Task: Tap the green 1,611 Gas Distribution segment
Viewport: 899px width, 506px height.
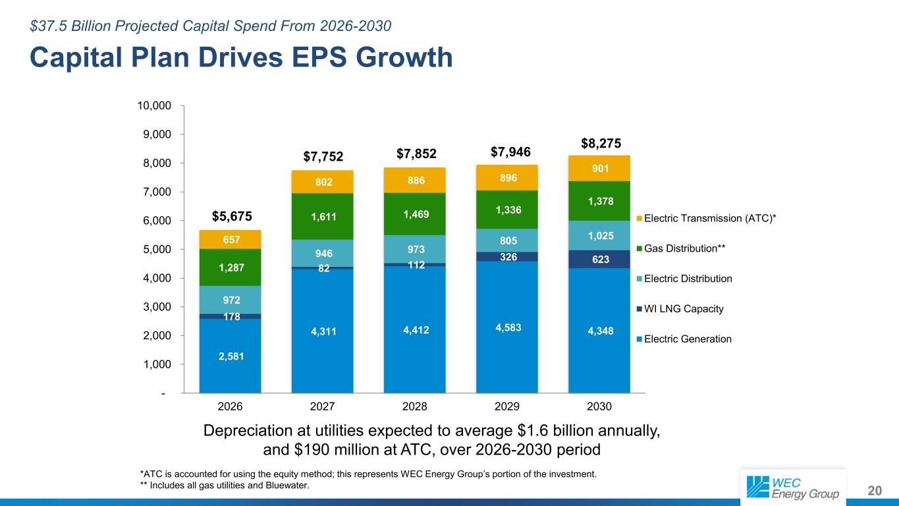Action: pyautogui.click(x=322, y=216)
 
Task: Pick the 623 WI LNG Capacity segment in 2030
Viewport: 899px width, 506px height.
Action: pyautogui.click(x=599, y=260)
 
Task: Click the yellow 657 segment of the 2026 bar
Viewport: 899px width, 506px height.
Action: pyautogui.click(x=230, y=239)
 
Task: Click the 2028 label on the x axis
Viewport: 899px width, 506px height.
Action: pyautogui.click(x=414, y=406)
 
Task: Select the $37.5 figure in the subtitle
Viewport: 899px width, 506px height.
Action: pyautogui.click(x=47, y=26)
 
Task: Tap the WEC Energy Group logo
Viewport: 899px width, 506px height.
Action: pyautogui.click(x=792, y=486)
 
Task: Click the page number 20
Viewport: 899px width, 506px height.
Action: pyautogui.click(x=874, y=490)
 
